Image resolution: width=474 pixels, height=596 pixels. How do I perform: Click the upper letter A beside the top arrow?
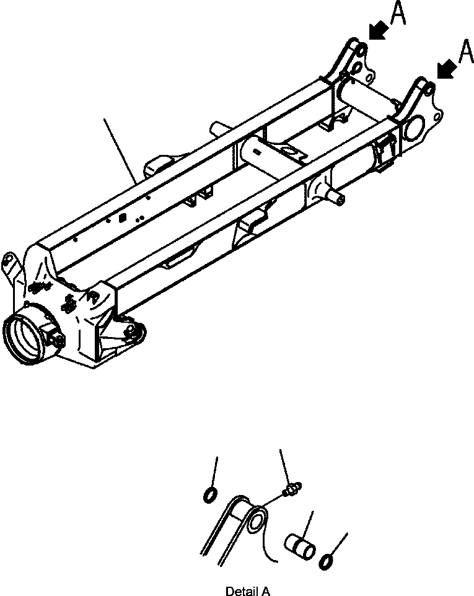(398, 14)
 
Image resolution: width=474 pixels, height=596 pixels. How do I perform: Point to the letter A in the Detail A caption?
(265, 591)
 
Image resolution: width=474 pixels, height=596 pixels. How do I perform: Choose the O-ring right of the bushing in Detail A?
(327, 563)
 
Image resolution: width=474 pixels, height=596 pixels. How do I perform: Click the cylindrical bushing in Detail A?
(300, 545)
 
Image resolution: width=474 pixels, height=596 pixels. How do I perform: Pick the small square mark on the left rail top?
(121, 217)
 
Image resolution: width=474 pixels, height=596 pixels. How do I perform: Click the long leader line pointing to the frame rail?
(121, 149)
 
